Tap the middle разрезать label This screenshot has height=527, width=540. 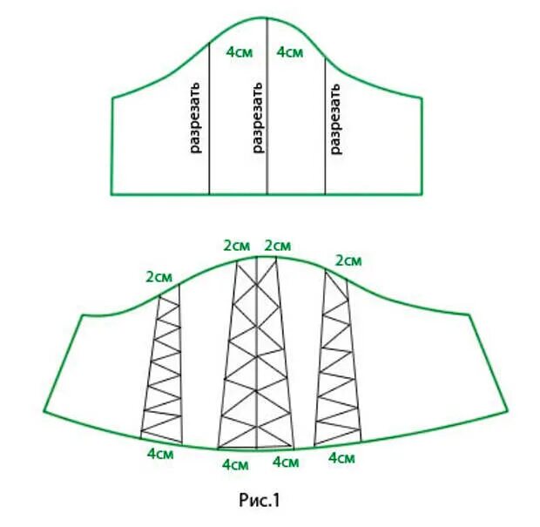[257, 118]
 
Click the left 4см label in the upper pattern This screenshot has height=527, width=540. [240, 52]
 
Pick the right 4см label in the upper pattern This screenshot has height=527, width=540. [290, 52]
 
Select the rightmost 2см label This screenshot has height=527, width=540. [348, 260]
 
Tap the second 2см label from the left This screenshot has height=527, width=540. [237, 245]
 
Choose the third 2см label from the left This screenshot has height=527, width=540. [279, 245]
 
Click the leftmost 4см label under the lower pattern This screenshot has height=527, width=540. [159, 454]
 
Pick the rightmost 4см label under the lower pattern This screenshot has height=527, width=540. [342, 457]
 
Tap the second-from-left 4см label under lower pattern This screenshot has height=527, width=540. [236, 464]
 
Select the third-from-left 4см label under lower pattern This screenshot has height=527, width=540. [287, 464]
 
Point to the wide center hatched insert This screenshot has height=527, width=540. [258, 357]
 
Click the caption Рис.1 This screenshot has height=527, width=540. [259, 501]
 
